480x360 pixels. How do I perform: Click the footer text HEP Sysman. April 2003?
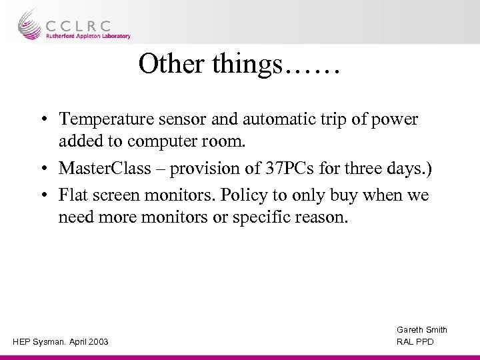coord(60,342)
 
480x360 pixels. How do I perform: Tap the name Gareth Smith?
coord(422,330)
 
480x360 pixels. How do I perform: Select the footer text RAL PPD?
coord(415,342)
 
